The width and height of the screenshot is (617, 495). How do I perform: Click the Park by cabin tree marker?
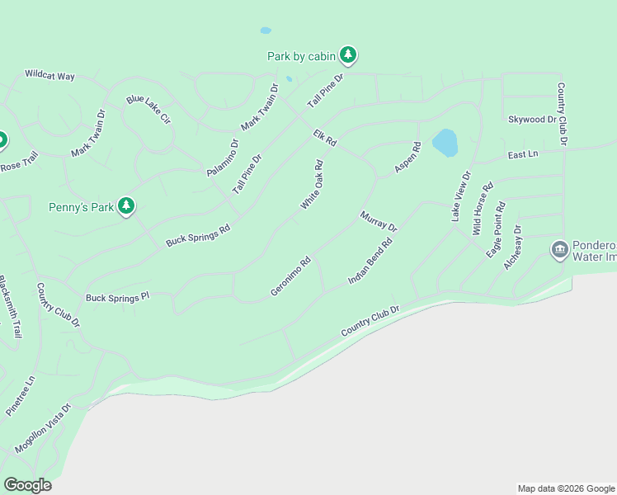349,55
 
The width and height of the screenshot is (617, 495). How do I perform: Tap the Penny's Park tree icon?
126,205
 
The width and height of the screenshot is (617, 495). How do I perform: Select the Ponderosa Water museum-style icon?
559,248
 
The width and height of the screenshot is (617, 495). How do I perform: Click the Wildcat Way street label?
49,76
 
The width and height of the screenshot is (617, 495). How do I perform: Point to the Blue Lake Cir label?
148,109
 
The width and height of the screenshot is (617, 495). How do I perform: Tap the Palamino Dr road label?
223,158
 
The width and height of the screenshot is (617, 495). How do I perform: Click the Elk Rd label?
325,138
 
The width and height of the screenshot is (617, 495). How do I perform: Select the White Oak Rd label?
311,185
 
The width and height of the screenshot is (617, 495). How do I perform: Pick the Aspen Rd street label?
407,158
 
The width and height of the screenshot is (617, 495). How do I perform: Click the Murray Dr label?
379,221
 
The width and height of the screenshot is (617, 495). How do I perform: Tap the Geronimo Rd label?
290,276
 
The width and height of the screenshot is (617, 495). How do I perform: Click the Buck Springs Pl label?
117,297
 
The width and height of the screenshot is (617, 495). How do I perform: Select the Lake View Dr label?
459,196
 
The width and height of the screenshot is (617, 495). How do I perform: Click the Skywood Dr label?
531,120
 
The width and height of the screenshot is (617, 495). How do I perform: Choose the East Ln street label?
522,154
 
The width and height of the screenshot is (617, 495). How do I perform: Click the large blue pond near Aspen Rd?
445,142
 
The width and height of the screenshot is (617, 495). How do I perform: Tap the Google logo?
27,485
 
